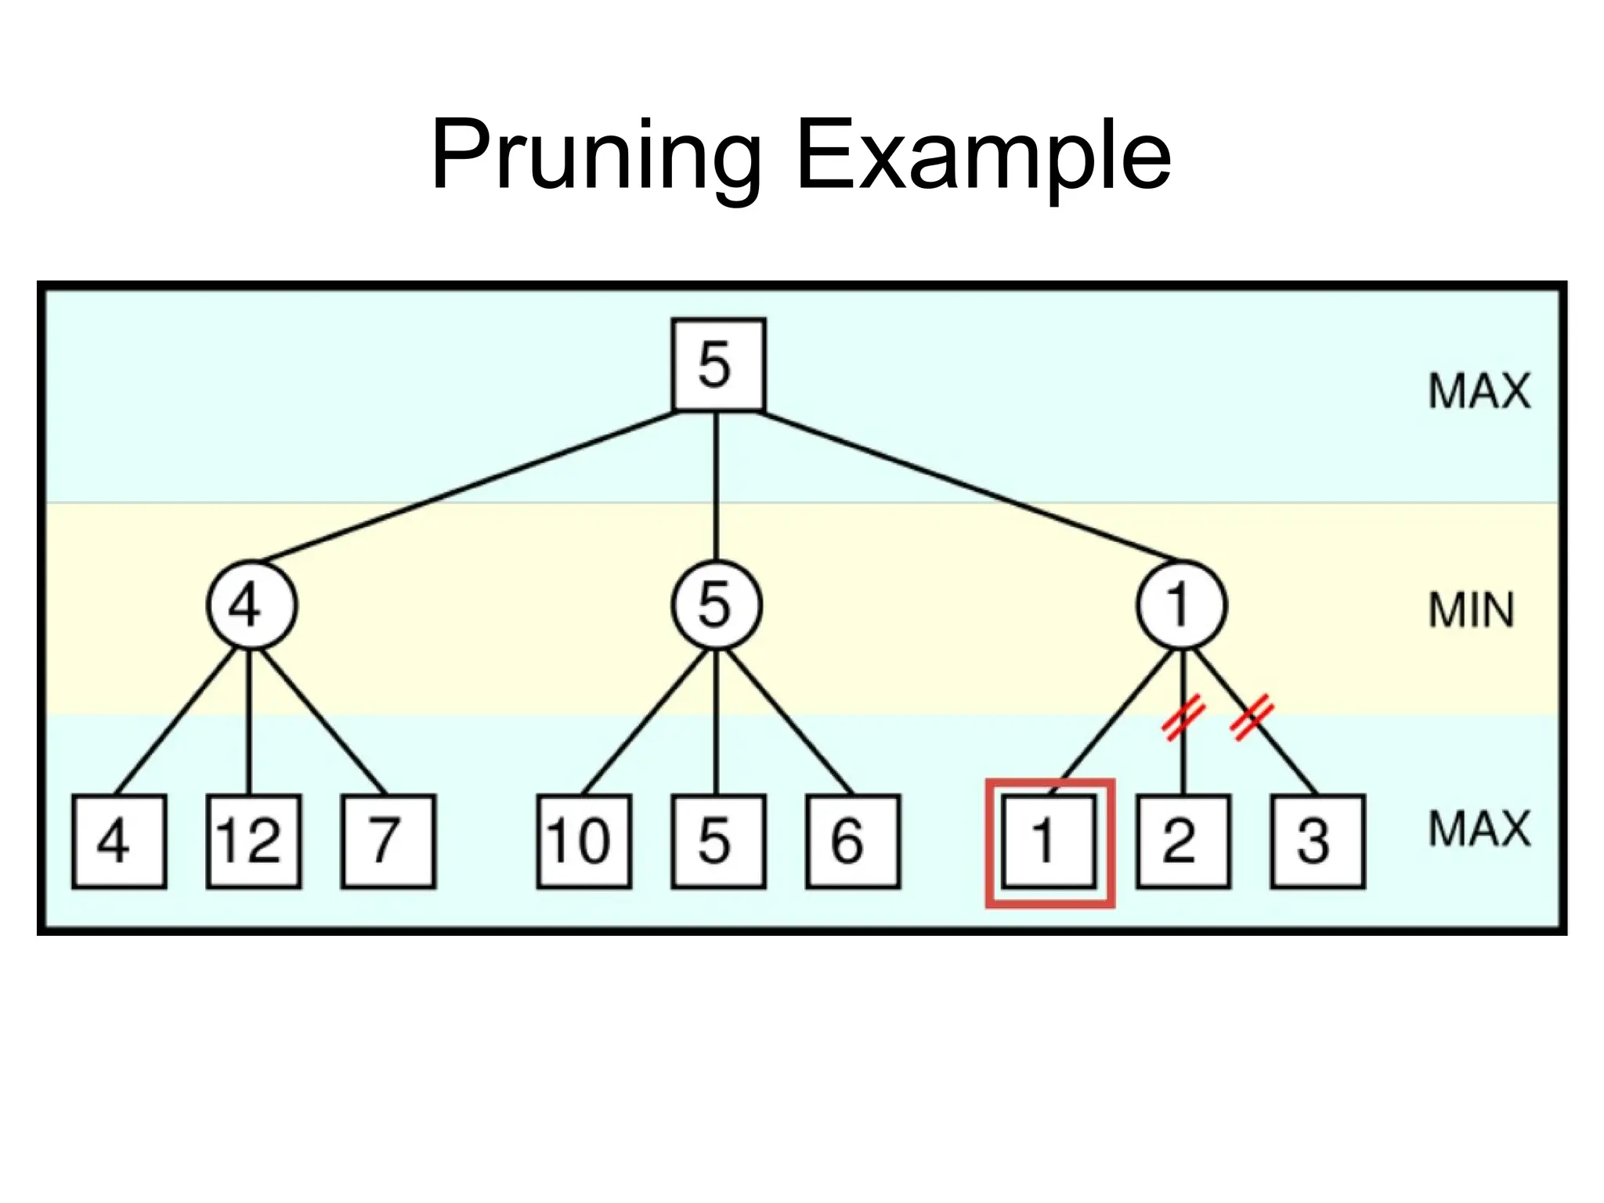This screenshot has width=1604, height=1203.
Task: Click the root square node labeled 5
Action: click(718, 364)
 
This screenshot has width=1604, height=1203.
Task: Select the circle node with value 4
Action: click(251, 605)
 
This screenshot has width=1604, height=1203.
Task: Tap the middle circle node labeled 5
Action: click(716, 605)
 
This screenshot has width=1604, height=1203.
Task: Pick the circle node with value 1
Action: click(1182, 605)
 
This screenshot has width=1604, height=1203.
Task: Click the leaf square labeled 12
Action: click(253, 841)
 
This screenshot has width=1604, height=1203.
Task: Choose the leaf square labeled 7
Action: click(388, 841)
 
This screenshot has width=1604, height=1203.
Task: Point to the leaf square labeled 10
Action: click(583, 841)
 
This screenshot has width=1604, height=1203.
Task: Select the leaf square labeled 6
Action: click(853, 841)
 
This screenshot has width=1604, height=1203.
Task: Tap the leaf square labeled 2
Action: click(1183, 841)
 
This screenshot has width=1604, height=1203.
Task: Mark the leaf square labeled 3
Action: click(1317, 841)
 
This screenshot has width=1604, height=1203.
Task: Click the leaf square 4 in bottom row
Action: click(119, 841)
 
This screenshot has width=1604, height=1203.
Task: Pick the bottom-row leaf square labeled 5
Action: click(718, 841)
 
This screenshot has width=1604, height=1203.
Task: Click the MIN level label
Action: click(1471, 610)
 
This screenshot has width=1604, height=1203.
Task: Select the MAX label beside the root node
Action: click(1479, 391)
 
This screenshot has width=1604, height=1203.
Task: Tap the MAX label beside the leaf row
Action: click(1479, 829)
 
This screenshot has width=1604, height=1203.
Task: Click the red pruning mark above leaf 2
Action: click(1183, 717)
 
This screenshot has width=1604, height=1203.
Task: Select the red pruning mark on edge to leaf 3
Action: click(1252, 717)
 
